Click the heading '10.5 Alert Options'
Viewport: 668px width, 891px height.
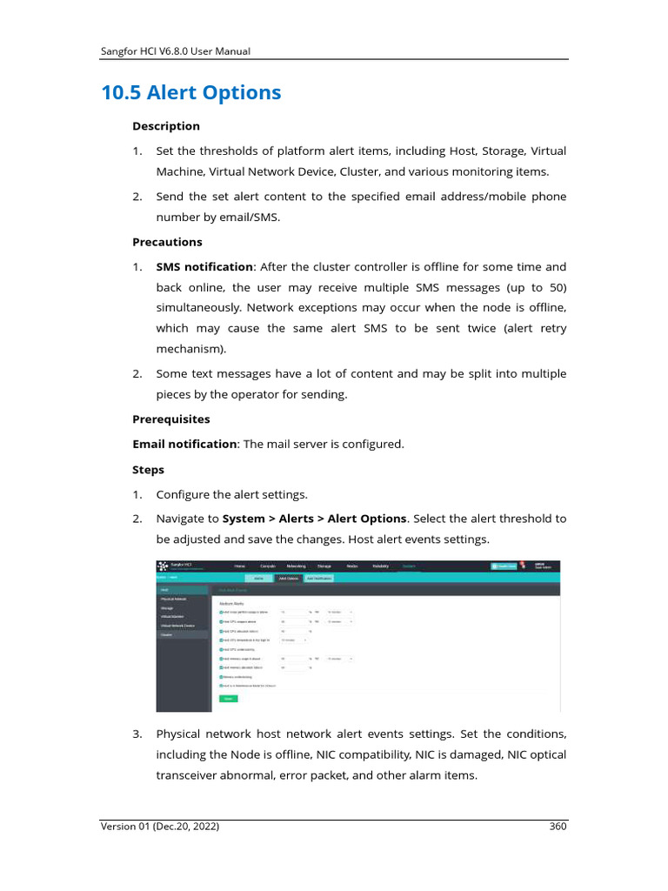tap(191, 92)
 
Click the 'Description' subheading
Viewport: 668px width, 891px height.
tap(165, 126)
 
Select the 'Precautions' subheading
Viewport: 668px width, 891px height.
tap(167, 242)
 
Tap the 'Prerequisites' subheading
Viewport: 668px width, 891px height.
tap(170, 419)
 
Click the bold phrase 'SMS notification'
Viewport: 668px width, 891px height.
tap(204, 267)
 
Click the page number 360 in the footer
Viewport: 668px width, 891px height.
tap(558, 827)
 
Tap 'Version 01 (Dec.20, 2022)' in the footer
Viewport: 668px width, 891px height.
tap(160, 827)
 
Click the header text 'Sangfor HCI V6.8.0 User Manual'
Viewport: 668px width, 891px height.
tap(177, 51)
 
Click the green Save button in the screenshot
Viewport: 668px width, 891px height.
tap(228, 699)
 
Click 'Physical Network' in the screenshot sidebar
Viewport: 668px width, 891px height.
tap(174, 599)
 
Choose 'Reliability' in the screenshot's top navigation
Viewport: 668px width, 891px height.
tap(380, 566)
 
